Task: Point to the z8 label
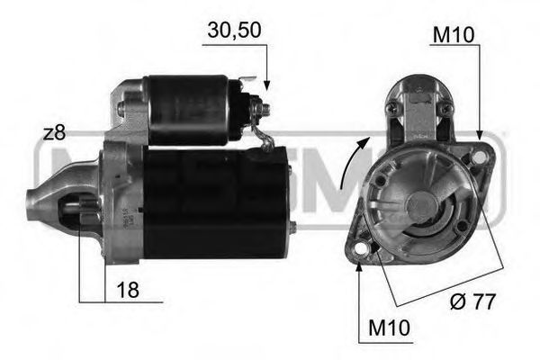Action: pyautogui.click(x=54, y=133)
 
